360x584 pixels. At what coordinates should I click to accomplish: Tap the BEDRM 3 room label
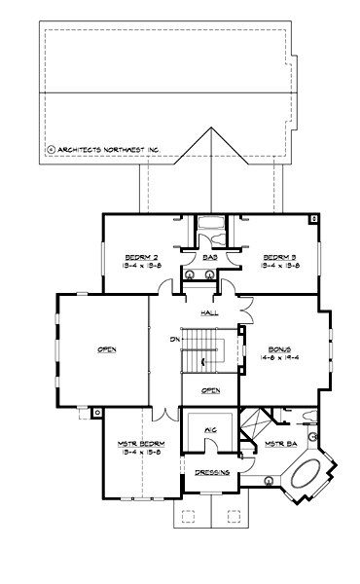[x=280, y=256]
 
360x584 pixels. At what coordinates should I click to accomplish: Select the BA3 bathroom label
[x=209, y=258]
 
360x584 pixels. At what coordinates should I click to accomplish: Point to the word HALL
[x=209, y=313]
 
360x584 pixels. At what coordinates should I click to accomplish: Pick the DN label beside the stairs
[x=174, y=339]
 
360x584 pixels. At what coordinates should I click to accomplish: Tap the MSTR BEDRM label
[x=142, y=444]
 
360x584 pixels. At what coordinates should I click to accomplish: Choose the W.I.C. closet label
[x=209, y=429]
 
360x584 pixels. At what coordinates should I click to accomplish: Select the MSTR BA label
[x=280, y=445]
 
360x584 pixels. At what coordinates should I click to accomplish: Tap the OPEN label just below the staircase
[x=210, y=390]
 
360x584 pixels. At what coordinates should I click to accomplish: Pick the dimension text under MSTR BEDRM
[x=142, y=453]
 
